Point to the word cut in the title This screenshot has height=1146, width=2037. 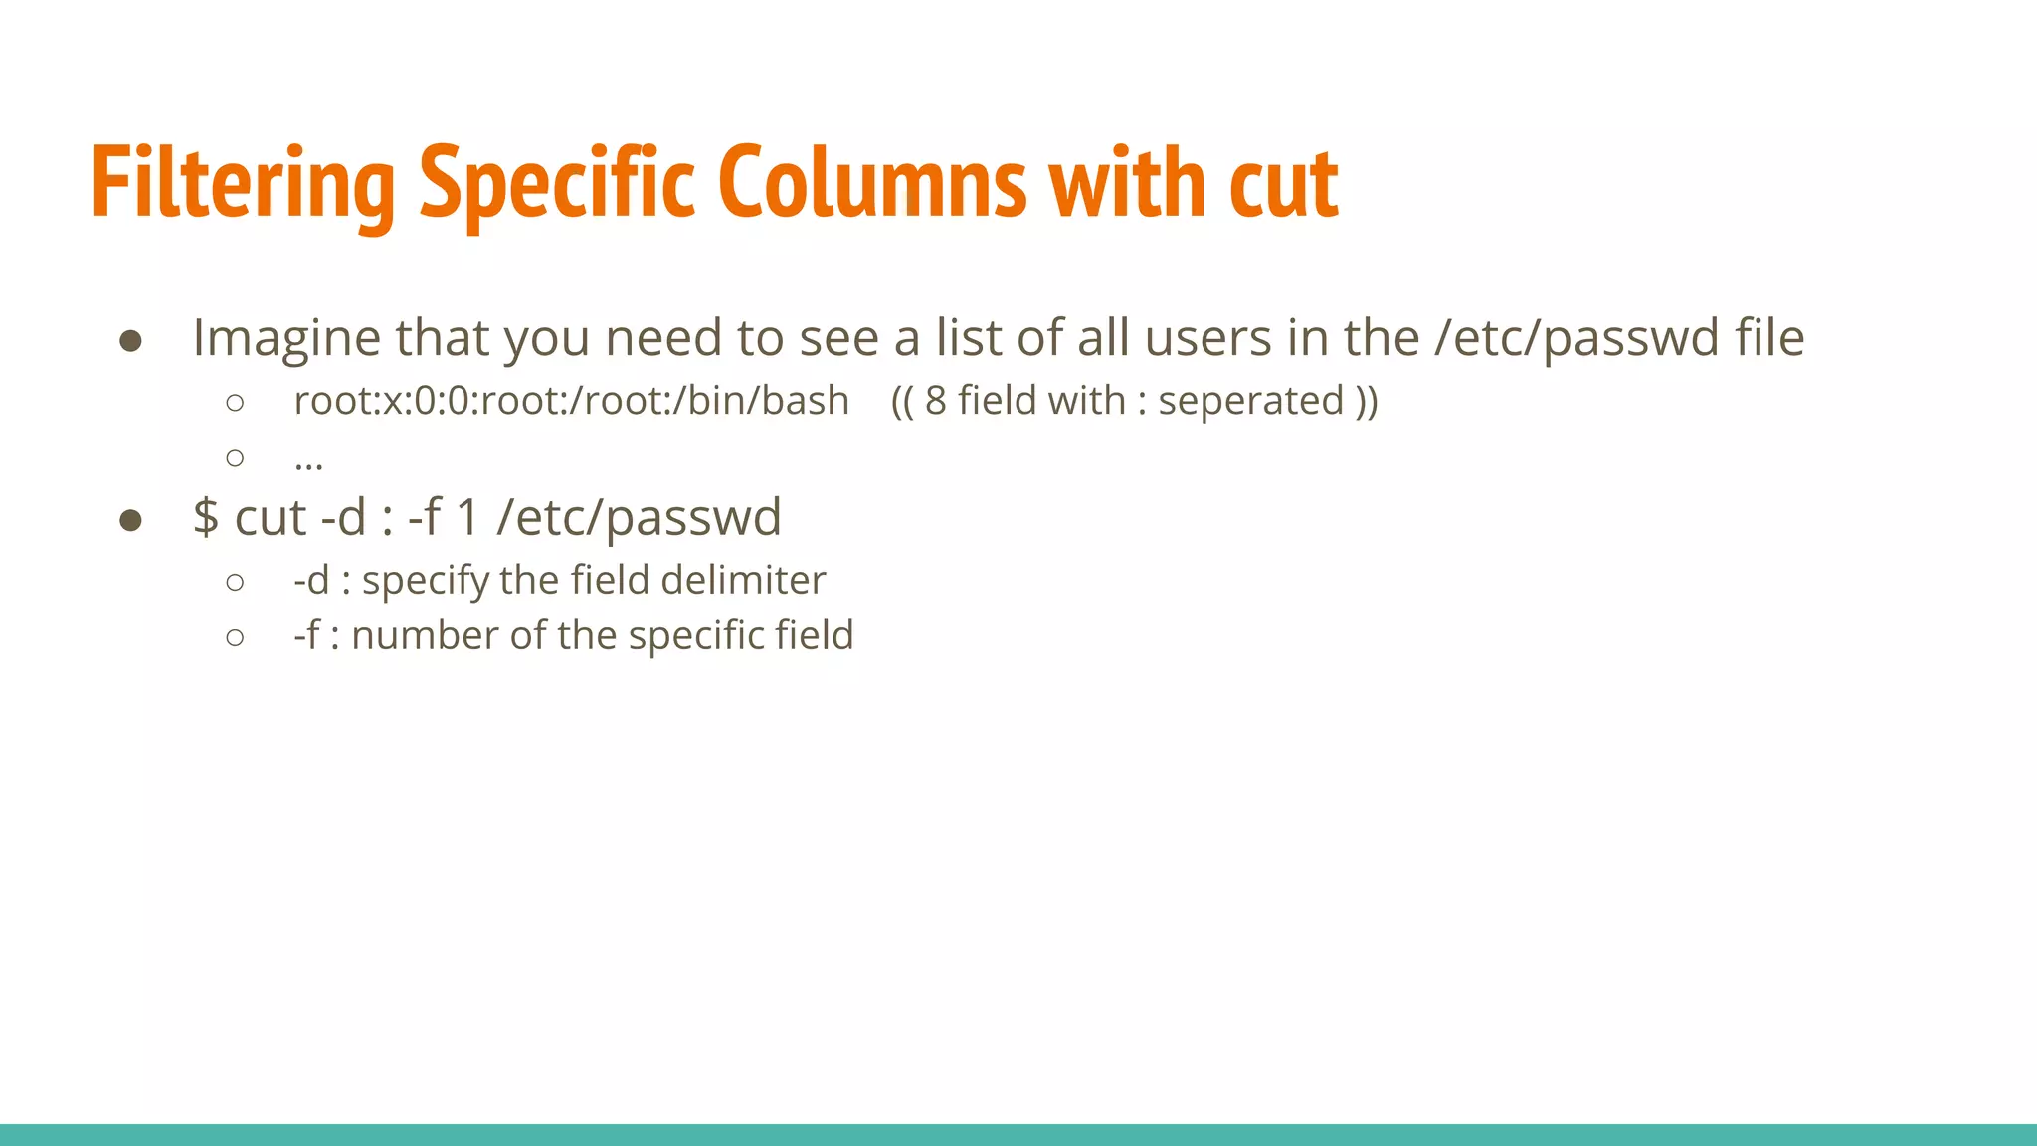tap(1283, 184)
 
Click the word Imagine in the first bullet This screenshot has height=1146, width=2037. tap(286, 338)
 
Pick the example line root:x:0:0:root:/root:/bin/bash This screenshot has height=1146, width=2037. tap(571, 401)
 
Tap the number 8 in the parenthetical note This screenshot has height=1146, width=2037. tap(935, 401)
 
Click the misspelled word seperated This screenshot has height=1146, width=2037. tap(1251, 401)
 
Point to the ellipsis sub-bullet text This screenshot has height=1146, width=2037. tap(308, 461)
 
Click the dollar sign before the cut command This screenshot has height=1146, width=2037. tap(206, 518)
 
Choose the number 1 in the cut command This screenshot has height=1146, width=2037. tap(467, 518)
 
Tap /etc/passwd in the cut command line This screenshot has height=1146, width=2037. tap(639, 518)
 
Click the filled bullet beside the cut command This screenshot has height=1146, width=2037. tap(130, 520)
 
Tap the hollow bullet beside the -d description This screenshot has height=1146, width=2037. tap(235, 582)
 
